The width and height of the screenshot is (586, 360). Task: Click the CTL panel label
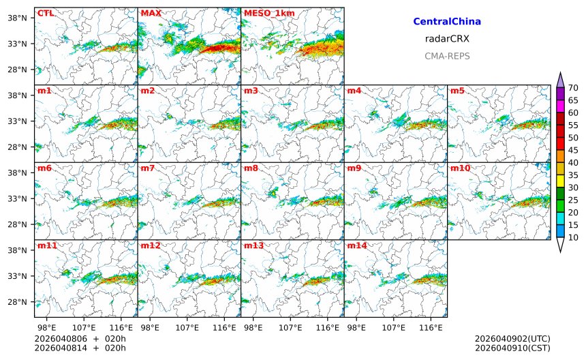[46, 13]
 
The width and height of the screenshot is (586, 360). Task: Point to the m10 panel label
[460, 168]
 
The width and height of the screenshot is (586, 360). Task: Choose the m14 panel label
[357, 245]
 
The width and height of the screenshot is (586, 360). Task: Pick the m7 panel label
[148, 168]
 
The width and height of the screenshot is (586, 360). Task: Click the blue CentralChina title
[447, 22]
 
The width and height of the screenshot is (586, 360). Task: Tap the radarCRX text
[447, 39]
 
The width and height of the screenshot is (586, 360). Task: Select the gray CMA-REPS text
[447, 56]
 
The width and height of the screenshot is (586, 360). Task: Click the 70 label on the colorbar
[573, 87]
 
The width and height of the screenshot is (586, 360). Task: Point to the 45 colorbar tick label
[573, 150]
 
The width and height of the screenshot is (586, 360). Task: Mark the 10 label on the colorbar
[573, 237]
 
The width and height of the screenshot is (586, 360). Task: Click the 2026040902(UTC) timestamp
[512, 339]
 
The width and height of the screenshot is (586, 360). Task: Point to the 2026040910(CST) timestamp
[512, 348]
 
